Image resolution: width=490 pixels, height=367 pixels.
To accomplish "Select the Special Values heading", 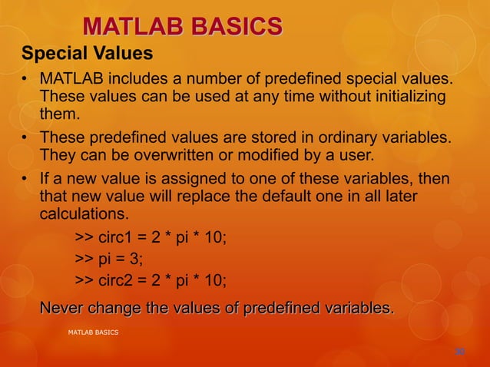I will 87,55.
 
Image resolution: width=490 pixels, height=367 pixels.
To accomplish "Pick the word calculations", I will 84,213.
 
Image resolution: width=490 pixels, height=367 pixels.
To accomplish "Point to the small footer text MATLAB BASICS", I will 93,332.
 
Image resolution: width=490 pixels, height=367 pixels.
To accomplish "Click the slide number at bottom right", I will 459,352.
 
